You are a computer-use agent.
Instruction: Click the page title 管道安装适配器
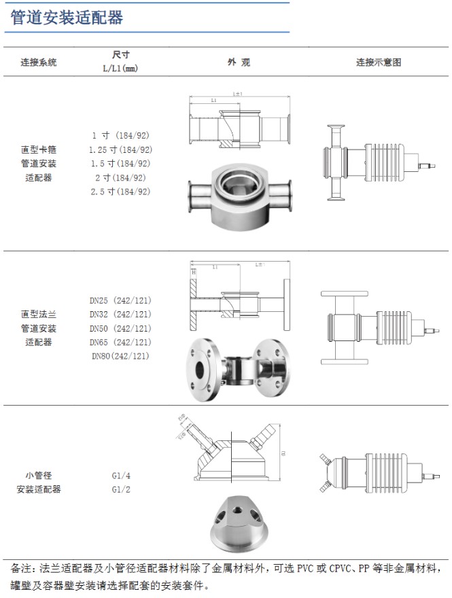coord(67,18)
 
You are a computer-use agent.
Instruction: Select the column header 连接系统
coord(39,62)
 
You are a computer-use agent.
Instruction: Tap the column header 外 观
coord(239,62)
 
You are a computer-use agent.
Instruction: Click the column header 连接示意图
coord(379,62)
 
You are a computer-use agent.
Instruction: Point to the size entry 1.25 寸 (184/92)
coord(121,149)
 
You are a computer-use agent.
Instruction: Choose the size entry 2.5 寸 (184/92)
coord(121,192)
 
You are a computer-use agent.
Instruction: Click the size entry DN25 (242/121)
coord(120,300)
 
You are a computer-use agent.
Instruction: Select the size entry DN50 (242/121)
coord(120,328)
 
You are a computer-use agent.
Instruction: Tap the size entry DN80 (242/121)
coord(120,356)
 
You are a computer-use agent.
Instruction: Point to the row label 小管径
coord(39,475)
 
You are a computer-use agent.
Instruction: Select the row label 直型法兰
coord(39,314)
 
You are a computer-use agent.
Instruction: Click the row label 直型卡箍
coord(39,149)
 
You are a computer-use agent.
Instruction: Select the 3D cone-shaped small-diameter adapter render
coord(237,524)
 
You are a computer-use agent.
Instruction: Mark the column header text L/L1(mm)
coord(120,69)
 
